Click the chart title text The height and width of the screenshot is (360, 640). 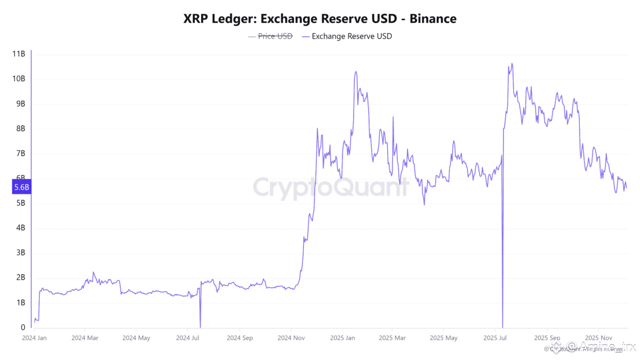319,19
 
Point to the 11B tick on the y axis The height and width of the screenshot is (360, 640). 19,54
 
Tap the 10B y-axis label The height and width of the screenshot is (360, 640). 19,79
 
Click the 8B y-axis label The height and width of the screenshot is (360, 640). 20,129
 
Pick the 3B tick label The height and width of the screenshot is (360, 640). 20,253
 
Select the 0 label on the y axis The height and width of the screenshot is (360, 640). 22,327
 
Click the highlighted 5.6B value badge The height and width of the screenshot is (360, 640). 21,187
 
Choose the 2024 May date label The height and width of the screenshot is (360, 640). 137,338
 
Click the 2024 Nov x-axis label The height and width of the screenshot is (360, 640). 291,338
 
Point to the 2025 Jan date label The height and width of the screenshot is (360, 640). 343,338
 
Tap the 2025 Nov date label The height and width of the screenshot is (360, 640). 598,338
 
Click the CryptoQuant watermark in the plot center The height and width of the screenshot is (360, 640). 330,188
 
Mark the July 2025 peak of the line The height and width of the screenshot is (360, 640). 512,63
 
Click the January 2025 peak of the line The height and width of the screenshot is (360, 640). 356,71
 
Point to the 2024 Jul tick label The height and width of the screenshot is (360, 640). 188,338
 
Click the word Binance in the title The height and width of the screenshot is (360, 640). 433,19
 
